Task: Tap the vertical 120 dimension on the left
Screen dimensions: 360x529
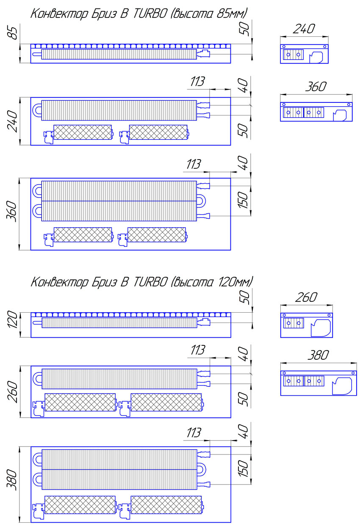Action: click(12, 320)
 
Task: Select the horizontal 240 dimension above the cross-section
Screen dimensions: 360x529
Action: click(304, 29)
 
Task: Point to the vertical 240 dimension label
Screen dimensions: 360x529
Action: click(12, 121)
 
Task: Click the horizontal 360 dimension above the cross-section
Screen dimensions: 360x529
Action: click(316, 86)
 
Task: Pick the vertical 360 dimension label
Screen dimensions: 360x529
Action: click(11, 211)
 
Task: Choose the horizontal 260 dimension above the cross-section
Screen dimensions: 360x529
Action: click(306, 298)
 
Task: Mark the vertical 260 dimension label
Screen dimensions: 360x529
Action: click(12, 392)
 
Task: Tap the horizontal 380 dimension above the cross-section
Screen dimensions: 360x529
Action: click(318, 355)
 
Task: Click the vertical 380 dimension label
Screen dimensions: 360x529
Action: click(11, 480)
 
